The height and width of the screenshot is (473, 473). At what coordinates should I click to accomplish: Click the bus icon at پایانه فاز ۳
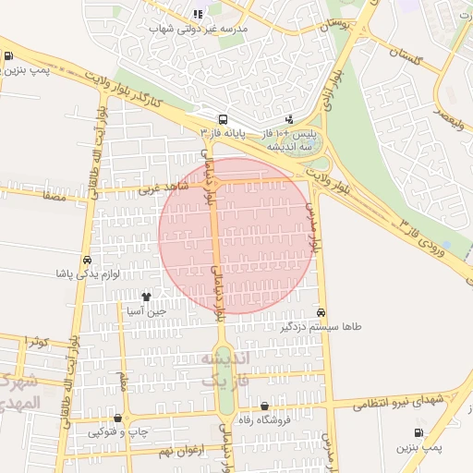point(223,119)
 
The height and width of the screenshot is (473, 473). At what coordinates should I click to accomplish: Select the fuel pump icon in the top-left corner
point(8,56)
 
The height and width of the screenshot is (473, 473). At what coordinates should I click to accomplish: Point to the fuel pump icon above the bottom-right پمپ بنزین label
point(420,432)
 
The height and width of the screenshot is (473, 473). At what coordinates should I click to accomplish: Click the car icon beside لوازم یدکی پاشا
point(86,260)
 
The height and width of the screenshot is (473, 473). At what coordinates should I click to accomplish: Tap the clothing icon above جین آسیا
point(146,297)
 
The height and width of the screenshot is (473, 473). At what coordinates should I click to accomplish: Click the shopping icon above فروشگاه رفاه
point(265,406)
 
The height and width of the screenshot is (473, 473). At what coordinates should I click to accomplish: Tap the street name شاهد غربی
point(163,189)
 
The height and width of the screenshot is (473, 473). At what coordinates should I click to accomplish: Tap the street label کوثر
point(37,342)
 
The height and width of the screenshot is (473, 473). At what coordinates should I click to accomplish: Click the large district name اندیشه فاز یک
point(226,369)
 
